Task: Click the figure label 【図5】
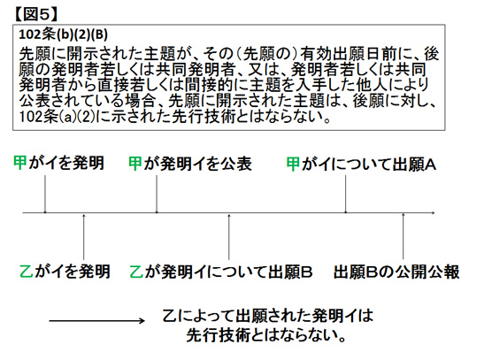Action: coord(35,14)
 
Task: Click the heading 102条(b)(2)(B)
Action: coord(64,34)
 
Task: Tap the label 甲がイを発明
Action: coord(58,163)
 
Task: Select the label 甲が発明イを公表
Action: coord(190,164)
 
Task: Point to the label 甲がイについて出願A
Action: coord(361,165)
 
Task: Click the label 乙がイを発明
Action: coord(65,272)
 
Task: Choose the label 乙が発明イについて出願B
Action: coord(221,272)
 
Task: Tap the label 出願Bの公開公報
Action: coord(396,272)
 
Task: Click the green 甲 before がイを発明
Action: coord(20,163)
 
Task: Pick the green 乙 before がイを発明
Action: coord(26,272)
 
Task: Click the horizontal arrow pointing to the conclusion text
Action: coord(97,321)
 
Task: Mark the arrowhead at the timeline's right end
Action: coord(433,212)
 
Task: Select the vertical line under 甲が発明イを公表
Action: coord(157,194)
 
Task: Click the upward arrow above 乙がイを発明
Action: coord(84,237)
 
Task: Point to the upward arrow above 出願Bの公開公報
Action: coord(403,236)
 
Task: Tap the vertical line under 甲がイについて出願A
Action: coord(345,194)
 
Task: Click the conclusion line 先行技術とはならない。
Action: coord(265,335)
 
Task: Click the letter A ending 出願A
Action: coord(431,165)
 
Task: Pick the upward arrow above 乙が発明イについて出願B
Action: coord(228,237)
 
